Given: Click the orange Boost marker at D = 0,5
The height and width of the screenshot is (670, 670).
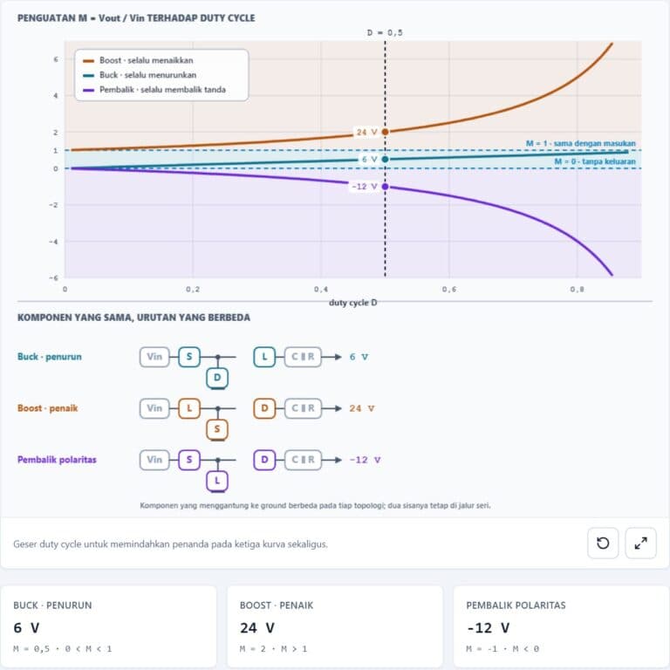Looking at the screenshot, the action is click(x=385, y=132).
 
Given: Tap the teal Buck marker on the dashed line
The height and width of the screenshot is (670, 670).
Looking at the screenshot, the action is click(x=385, y=160).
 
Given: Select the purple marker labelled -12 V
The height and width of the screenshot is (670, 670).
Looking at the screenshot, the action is click(x=385, y=187).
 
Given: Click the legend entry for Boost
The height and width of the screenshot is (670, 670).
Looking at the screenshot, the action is click(x=138, y=60).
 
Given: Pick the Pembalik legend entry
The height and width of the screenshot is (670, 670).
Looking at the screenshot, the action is click(x=154, y=90).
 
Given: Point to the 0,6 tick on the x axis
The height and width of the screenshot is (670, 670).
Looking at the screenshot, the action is click(x=448, y=290).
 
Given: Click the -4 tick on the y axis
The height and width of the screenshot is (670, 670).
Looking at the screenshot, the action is click(x=54, y=242).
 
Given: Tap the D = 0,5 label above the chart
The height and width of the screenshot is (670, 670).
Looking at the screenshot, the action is click(x=385, y=32).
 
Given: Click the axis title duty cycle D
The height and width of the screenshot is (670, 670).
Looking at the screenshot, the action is click(x=353, y=303).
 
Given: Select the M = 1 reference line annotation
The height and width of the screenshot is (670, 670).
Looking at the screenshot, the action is click(x=581, y=144).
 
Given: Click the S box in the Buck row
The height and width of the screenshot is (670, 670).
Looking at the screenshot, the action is click(x=189, y=357).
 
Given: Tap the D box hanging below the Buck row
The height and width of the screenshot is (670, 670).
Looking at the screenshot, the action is click(x=217, y=378).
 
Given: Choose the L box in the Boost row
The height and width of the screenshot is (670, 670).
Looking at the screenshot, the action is click(x=189, y=408).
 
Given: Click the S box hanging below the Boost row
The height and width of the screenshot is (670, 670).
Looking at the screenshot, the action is click(x=217, y=429).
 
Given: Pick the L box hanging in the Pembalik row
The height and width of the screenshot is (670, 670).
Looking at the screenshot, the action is click(x=217, y=481).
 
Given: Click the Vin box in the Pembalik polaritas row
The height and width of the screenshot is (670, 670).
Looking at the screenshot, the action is click(x=154, y=460).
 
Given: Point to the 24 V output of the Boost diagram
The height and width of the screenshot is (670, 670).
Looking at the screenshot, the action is click(x=361, y=408).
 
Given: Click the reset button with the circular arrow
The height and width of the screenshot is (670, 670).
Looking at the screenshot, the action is click(x=603, y=544).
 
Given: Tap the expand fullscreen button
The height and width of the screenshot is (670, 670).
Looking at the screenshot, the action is click(x=640, y=544).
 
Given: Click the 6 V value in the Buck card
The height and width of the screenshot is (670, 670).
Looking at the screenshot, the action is click(x=26, y=628).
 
